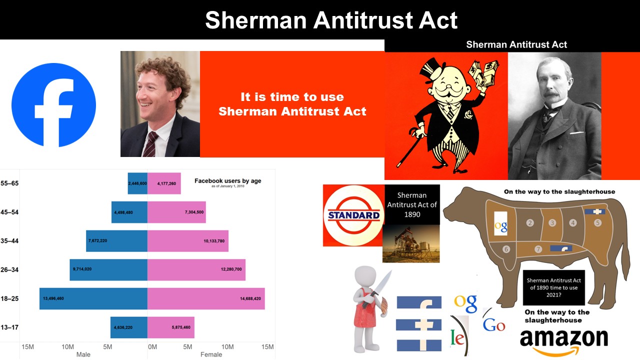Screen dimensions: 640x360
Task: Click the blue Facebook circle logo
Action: (x=53, y=105)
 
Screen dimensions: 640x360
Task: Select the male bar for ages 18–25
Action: (x=93, y=298)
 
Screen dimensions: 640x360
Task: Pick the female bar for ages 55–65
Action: (x=164, y=183)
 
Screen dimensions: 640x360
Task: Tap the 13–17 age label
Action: (x=9, y=327)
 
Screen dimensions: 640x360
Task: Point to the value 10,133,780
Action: (x=214, y=241)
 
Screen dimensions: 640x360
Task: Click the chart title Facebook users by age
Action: (x=227, y=181)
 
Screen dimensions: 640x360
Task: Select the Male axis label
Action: (x=83, y=354)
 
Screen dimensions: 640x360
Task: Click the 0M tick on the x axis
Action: (x=152, y=347)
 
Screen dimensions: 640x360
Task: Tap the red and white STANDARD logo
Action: (x=353, y=215)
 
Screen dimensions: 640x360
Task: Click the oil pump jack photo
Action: (x=411, y=243)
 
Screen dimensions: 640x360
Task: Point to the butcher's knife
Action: (x=377, y=288)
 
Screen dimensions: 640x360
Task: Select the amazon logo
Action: (x=563, y=341)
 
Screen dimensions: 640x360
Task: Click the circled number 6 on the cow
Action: (x=506, y=249)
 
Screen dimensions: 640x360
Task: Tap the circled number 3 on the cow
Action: (x=552, y=223)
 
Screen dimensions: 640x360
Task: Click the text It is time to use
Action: (x=292, y=97)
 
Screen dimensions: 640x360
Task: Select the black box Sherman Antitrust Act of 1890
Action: (x=412, y=204)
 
